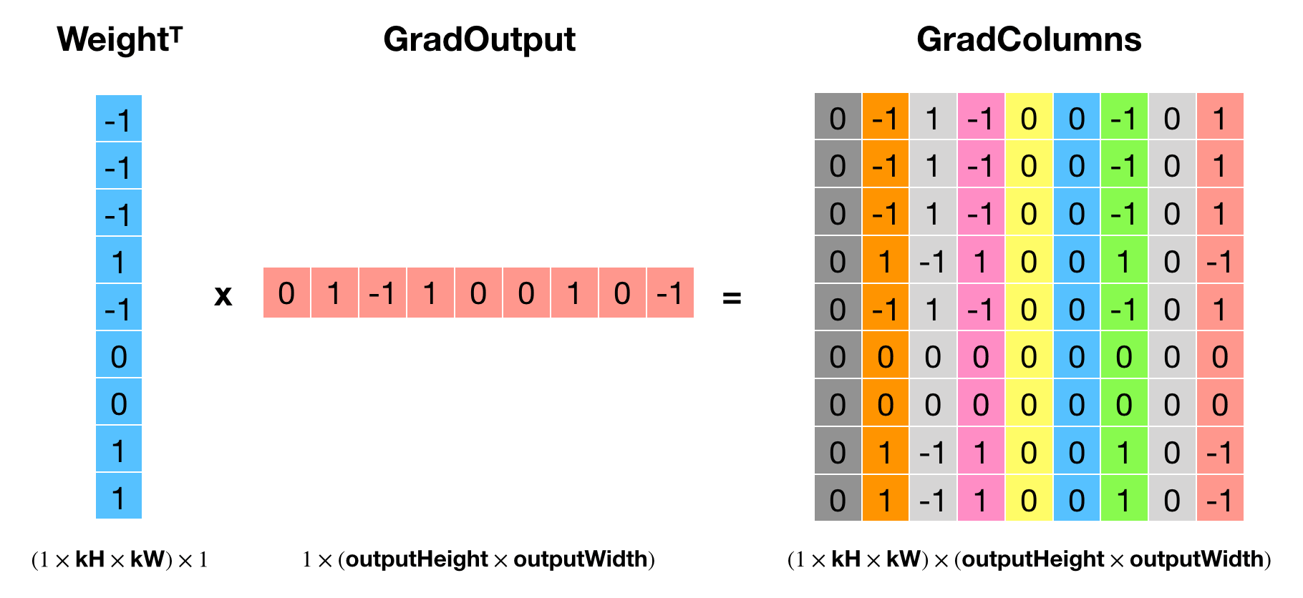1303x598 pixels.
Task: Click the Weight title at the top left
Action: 120,39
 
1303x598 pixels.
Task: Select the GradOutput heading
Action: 479,40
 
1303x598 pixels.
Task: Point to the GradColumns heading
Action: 1029,39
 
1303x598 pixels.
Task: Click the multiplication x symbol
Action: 223,295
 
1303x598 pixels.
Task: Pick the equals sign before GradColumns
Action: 732,297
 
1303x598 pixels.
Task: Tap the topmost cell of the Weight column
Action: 119,118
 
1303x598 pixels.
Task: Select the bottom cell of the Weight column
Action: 119,496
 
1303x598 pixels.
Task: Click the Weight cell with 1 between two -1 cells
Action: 119,260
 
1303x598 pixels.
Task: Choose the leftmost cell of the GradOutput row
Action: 286,293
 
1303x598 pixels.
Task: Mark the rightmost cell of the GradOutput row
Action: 671,293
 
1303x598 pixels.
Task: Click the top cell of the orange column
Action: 886,116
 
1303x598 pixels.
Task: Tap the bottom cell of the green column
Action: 1124,498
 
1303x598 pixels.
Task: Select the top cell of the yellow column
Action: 1029,116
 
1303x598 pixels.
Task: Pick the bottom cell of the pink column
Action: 981,498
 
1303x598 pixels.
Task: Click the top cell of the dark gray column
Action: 838,116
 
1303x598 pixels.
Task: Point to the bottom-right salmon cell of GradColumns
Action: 1220,498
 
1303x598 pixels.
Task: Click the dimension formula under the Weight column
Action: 120,559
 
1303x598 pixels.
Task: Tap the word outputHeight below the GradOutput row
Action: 417,559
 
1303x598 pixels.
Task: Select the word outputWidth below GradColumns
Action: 1196,559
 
